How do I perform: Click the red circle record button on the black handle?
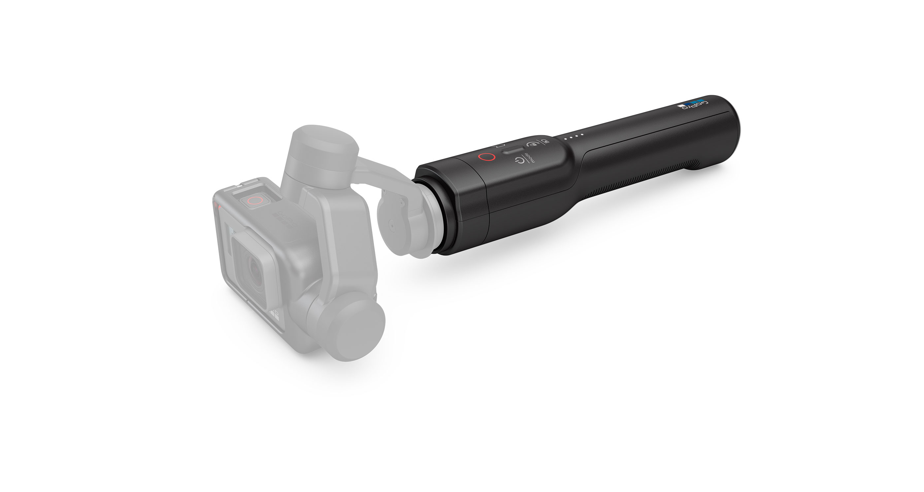tap(487, 157)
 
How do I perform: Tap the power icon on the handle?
tap(520, 161)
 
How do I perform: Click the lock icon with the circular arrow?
tap(532, 144)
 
